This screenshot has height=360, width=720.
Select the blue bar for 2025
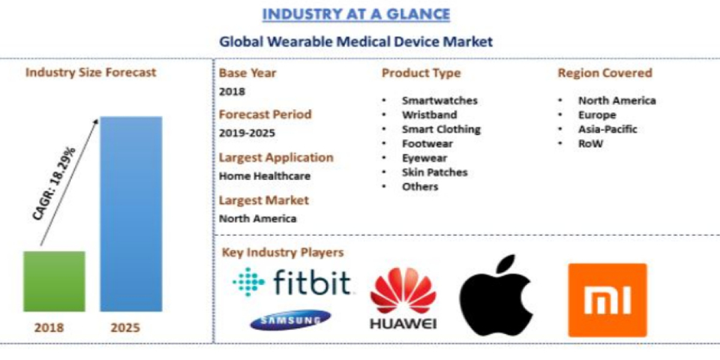[131, 214]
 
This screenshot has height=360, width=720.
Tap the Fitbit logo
[292, 282]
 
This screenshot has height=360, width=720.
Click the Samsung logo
[290, 320]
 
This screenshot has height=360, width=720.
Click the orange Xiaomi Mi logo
[607, 299]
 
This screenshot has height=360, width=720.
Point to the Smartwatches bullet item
[439, 100]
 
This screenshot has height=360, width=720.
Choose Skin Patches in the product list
[434, 172]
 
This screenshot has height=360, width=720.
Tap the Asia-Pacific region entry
[607, 129]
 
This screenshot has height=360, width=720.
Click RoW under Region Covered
[590, 143]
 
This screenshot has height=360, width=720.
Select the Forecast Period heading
[265, 114]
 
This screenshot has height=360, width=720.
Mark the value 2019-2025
[247, 133]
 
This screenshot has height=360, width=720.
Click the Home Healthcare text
[265, 176]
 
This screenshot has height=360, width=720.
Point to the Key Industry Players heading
[283, 252]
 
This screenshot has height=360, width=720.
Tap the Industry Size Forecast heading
[91, 73]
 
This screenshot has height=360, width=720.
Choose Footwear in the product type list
[427, 143]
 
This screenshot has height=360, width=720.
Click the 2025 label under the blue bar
[125, 328]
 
